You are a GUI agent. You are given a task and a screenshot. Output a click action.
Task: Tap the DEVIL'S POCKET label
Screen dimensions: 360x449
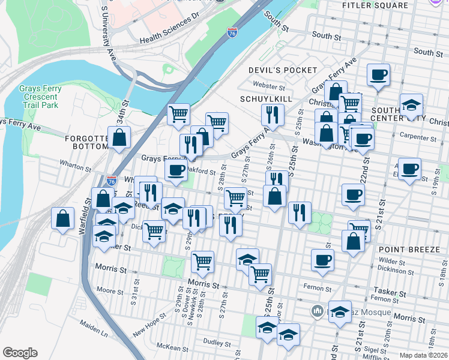point(283,70)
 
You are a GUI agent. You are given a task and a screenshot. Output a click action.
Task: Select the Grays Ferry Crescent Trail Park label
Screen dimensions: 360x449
point(38,97)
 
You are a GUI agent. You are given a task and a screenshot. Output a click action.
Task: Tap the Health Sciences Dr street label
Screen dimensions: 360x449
point(169,31)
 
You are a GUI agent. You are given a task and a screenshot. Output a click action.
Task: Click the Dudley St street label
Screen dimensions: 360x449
point(218,343)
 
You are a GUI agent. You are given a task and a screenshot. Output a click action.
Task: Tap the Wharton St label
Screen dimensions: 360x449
point(75,163)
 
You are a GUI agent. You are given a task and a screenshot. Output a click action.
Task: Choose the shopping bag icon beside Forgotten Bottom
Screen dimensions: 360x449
point(119,137)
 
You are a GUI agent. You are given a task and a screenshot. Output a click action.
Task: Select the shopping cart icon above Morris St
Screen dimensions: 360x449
point(202,261)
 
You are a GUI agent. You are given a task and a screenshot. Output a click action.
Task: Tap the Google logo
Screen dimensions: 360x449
point(20,353)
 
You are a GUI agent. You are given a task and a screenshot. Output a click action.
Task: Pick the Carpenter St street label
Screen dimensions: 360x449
point(418,137)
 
